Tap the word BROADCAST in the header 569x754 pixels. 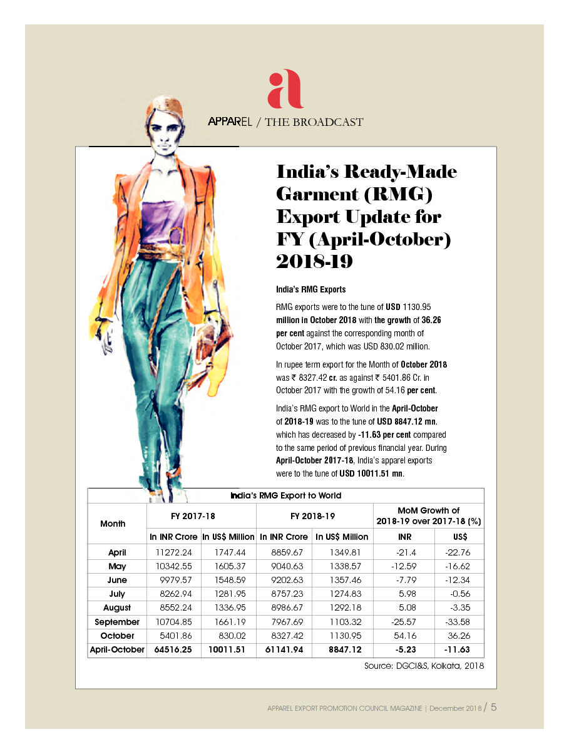click(x=330, y=122)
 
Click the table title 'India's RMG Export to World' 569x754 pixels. click(x=285, y=495)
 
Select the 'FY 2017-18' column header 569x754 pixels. click(x=193, y=517)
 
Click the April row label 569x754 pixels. click(x=117, y=552)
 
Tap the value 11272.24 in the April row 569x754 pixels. click(x=173, y=552)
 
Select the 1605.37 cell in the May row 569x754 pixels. click(x=228, y=566)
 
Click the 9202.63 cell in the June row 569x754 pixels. click(x=284, y=580)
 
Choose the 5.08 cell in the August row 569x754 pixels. click(x=407, y=607)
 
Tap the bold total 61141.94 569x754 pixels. click(x=284, y=650)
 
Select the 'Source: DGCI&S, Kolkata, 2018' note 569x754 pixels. click(x=424, y=666)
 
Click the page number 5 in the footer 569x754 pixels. click(x=493, y=708)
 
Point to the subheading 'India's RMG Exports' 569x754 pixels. click(x=311, y=290)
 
